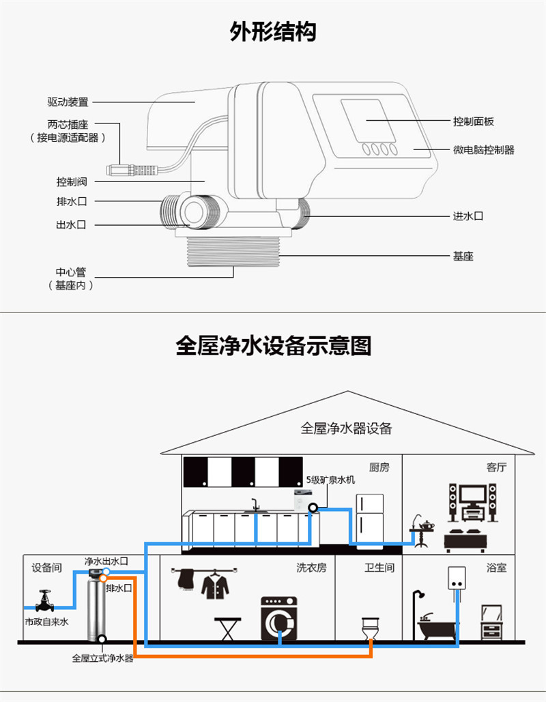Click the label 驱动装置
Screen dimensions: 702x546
[x=68, y=102]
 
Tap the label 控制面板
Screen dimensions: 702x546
[x=473, y=121]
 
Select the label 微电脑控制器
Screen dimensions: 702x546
[x=483, y=150]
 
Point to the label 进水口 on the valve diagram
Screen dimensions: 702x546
[x=468, y=216]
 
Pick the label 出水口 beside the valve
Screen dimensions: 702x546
[x=71, y=225]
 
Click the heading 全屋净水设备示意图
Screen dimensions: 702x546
[x=273, y=346]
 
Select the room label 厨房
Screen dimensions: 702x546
[x=379, y=467]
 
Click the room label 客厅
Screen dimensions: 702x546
[x=496, y=467]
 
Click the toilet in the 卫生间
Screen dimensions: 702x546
[x=369, y=628]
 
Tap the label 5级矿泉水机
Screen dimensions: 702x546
[x=330, y=480]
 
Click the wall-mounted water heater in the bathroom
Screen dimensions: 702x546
[x=457, y=580]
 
